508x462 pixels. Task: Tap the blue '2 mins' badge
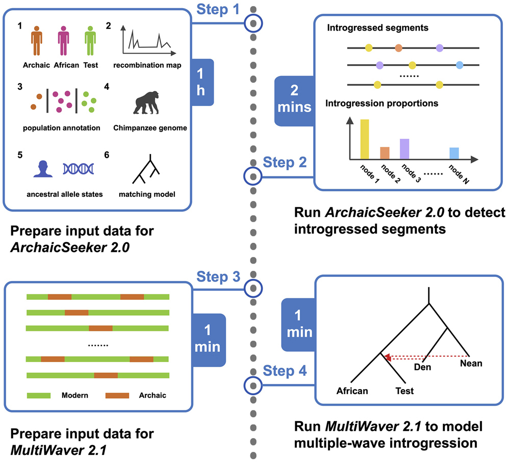[x=294, y=100]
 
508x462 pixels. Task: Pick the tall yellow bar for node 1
[x=365, y=139]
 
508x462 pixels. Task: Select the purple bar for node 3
[x=404, y=148]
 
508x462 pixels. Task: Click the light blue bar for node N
[x=454, y=153]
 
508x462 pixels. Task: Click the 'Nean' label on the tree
[x=471, y=364]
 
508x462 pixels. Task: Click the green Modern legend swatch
[x=38, y=395]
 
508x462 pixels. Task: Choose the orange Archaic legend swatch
[x=117, y=395]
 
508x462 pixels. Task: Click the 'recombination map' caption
[x=147, y=65]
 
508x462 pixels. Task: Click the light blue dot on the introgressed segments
[x=460, y=65]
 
